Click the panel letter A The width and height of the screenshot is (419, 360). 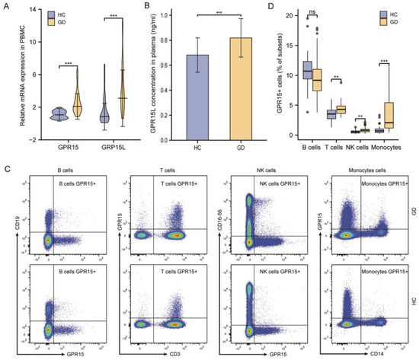[x=5, y=7]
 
